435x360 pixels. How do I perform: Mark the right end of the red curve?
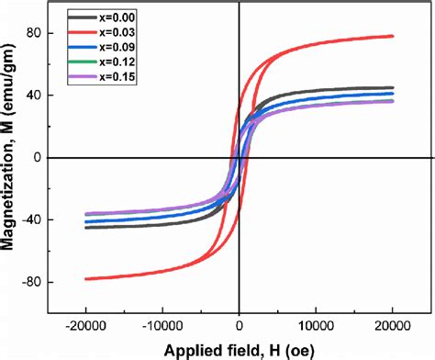tap(392, 36)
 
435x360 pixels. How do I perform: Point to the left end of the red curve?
tap(86, 278)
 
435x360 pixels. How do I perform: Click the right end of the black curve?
tap(392, 87)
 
